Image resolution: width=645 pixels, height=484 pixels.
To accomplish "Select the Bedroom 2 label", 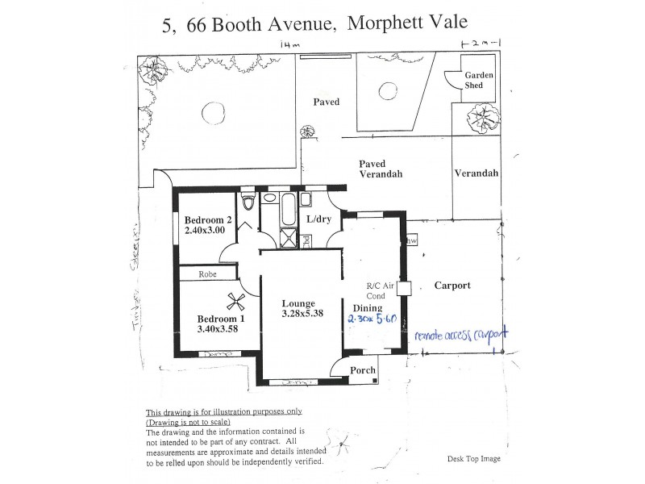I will pos(208,220).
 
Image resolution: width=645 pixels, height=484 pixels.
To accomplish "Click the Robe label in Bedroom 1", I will pos(210,274).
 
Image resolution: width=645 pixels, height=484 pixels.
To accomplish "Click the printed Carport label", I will pos(452,286).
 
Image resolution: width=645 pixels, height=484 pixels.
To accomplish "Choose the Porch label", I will pos(363,370).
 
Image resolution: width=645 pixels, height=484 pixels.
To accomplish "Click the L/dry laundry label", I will pos(320,219).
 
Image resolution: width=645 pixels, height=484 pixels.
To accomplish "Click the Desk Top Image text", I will pos(473,458).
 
